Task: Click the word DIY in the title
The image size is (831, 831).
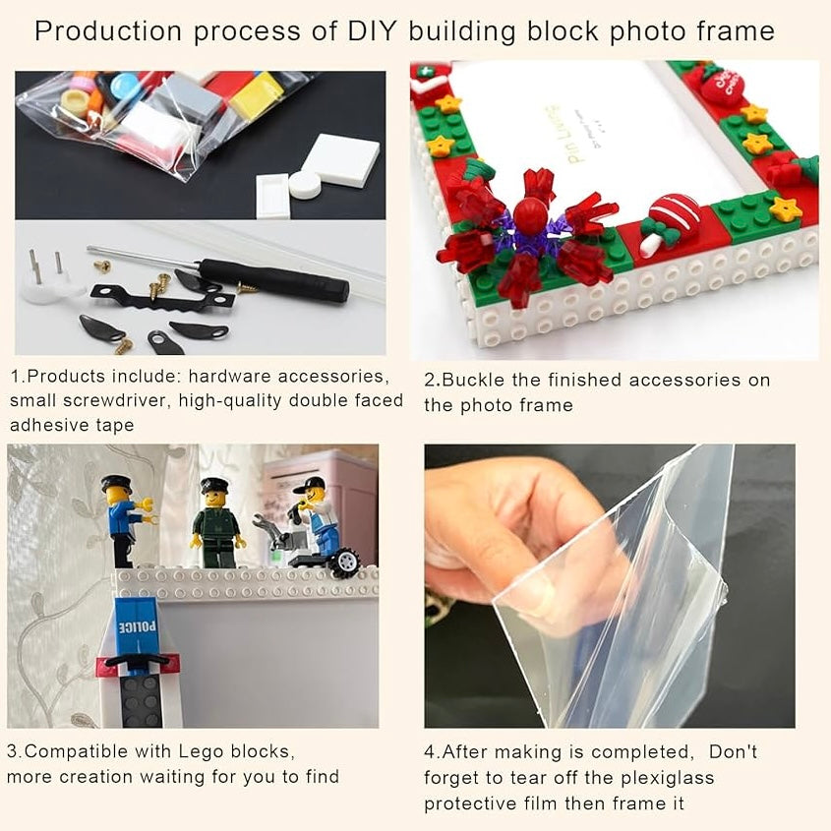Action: click(x=372, y=30)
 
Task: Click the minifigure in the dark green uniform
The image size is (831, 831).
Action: click(x=216, y=523)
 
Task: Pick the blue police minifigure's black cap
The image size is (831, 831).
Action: click(x=116, y=484)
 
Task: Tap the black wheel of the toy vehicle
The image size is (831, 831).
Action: click(x=345, y=563)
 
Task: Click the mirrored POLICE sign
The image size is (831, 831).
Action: click(x=137, y=627)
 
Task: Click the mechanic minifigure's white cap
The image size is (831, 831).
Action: click(x=312, y=485)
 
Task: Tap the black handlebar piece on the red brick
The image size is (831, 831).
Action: click(x=139, y=660)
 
